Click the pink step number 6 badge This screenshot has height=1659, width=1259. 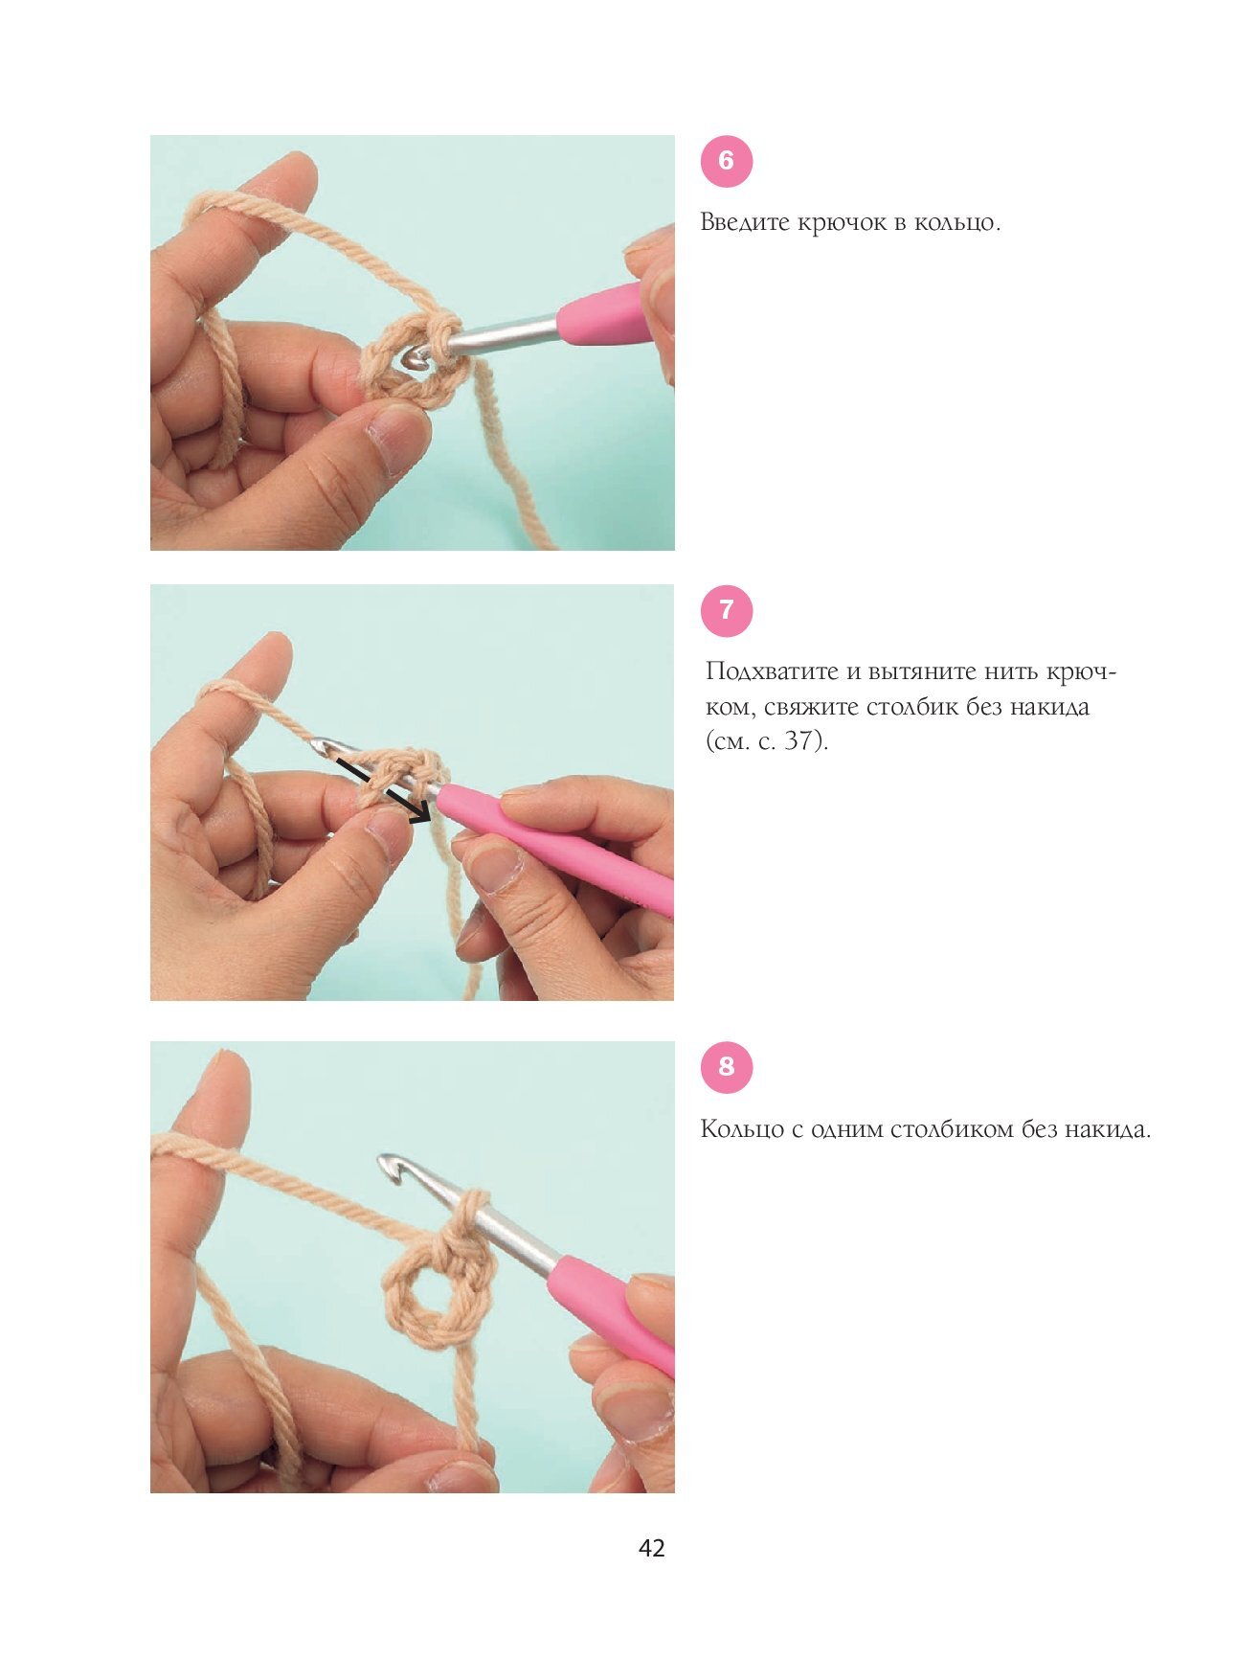click(727, 161)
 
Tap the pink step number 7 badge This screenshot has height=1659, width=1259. click(727, 610)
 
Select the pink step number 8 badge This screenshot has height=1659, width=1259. click(727, 1067)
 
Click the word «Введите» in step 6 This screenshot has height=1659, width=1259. click(746, 223)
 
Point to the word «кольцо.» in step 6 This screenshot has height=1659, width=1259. click(957, 223)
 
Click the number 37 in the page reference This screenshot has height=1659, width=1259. click(799, 741)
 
